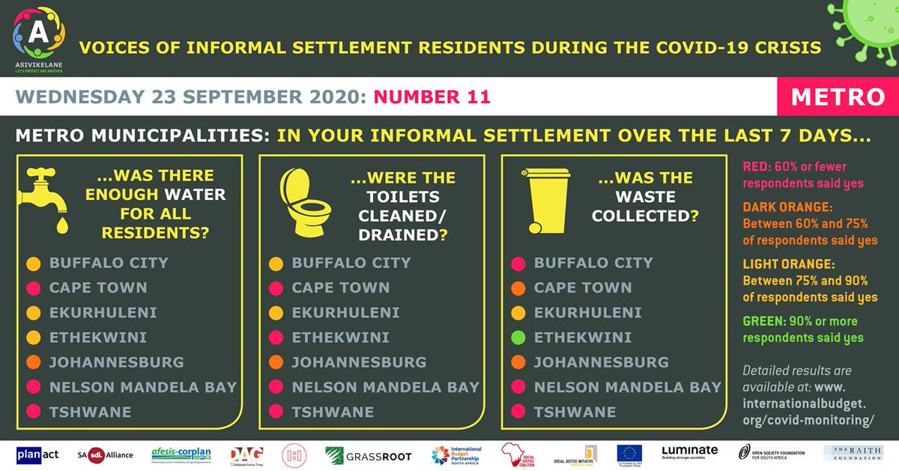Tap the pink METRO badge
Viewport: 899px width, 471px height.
[x=838, y=97]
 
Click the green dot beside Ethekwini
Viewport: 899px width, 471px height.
[x=517, y=338]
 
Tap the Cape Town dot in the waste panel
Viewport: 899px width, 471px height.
[x=517, y=288]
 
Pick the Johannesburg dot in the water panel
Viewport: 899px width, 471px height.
[x=33, y=362]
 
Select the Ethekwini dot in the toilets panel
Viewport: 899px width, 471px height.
[x=275, y=338]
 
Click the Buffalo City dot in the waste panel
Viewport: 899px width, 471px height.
[x=517, y=264]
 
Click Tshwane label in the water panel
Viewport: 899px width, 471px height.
[x=90, y=412]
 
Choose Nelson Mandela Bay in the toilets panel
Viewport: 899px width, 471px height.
[x=385, y=387]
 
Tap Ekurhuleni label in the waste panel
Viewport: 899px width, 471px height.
[x=587, y=313]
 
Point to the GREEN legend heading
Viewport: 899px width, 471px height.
[x=763, y=321]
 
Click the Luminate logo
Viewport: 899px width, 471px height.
[x=689, y=452]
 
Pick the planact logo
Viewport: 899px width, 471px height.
[x=37, y=455]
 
